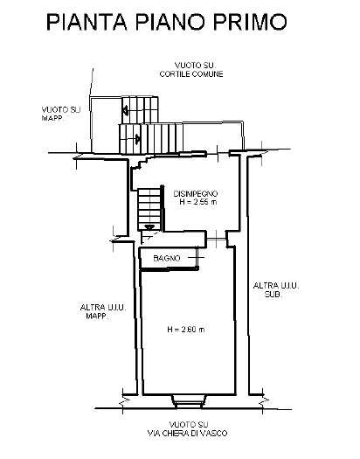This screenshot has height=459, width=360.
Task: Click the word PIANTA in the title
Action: (x=87, y=22)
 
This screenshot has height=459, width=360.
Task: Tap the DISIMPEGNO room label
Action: (x=196, y=194)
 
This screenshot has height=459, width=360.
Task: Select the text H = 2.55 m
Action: (x=198, y=202)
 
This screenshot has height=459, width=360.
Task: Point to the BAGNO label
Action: (x=167, y=258)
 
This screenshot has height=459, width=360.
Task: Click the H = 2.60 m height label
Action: (x=186, y=330)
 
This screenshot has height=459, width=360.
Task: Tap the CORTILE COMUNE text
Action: (x=191, y=74)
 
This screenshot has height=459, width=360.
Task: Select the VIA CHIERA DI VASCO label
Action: (x=187, y=434)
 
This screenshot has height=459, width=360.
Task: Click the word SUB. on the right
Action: (x=273, y=294)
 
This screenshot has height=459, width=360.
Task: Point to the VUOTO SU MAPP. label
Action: (x=61, y=114)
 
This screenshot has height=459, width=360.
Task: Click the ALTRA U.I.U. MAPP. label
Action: (x=103, y=312)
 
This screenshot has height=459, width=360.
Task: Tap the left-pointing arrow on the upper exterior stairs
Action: (x=125, y=110)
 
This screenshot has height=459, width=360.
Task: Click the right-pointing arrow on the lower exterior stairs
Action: (x=138, y=138)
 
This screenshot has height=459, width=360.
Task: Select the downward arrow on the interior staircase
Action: (x=149, y=227)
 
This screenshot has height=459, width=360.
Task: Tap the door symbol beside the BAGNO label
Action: (x=197, y=258)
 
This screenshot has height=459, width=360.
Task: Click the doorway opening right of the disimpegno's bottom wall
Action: (x=216, y=240)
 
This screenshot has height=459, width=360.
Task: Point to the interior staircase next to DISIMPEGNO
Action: (x=149, y=209)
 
